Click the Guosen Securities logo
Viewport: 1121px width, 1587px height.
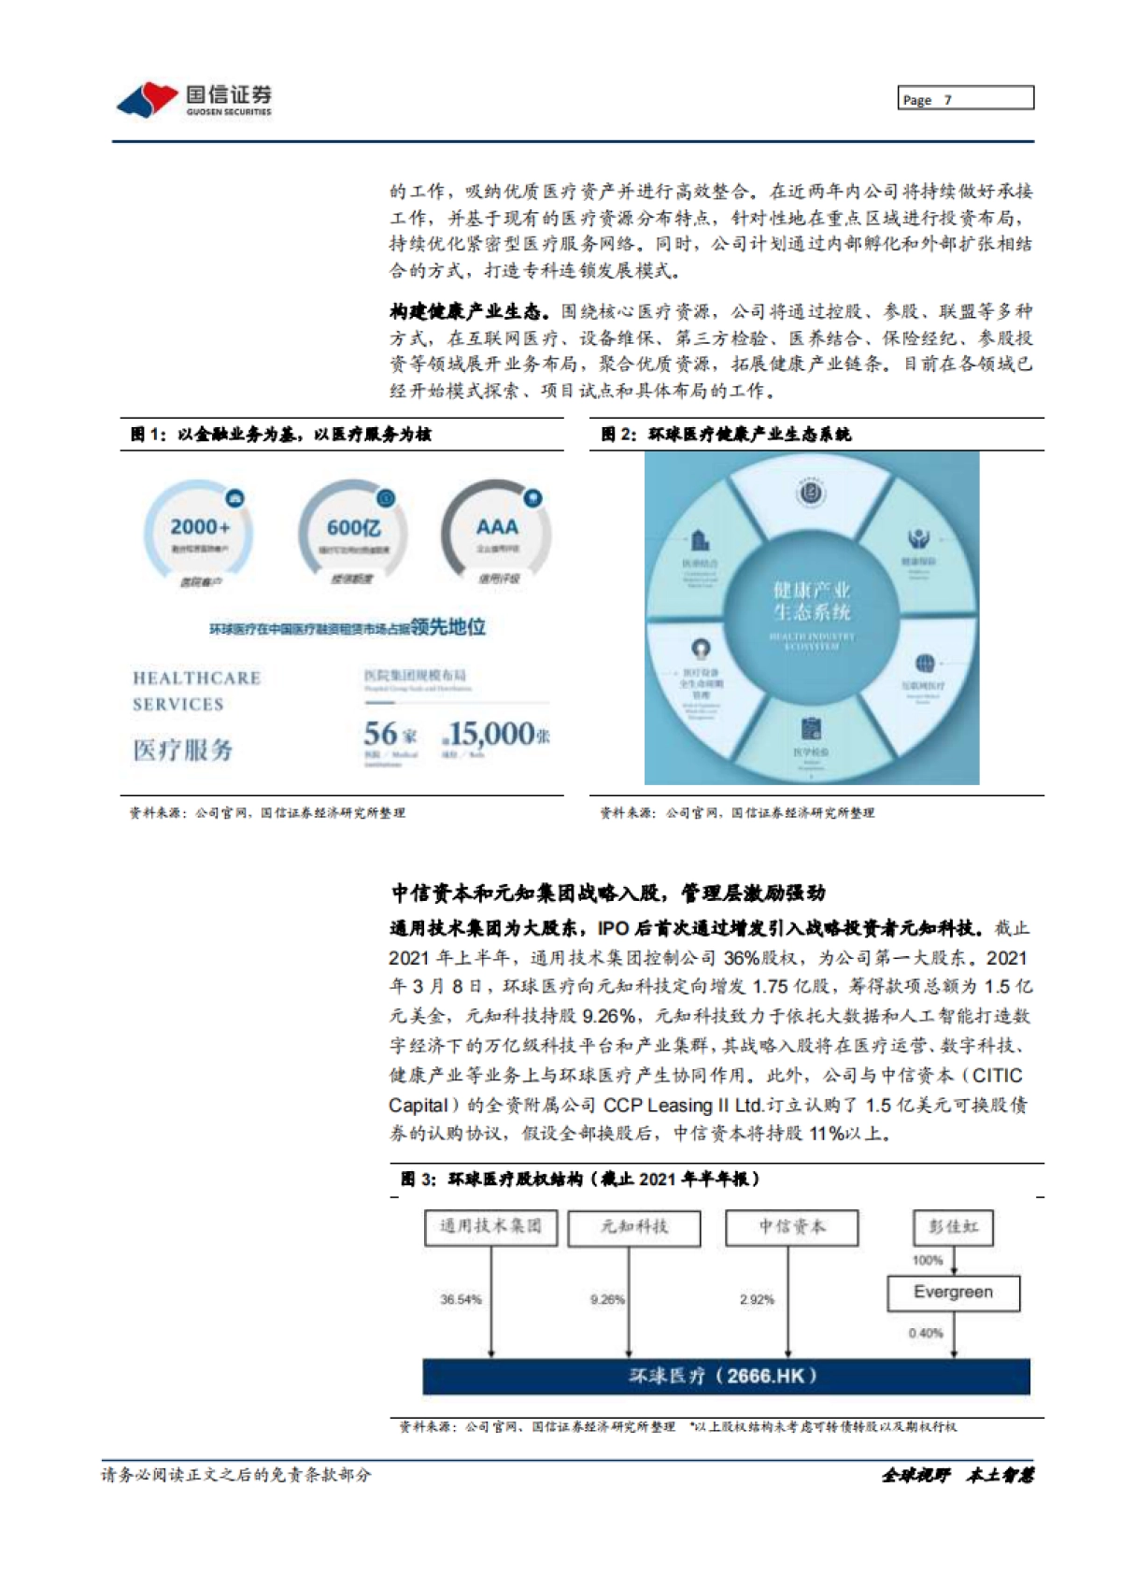(x=194, y=99)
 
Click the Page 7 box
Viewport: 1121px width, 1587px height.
(x=966, y=98)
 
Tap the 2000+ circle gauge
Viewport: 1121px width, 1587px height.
(x=199, y=532)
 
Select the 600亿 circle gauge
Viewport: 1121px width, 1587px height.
(x=353, y=532)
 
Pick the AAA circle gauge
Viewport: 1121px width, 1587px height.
(x=497, y=530)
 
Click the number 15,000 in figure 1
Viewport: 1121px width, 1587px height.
(x=491, y=735)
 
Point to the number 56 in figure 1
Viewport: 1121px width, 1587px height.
(x=381, y=734)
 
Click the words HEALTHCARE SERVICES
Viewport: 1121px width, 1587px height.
(x=196, y=691)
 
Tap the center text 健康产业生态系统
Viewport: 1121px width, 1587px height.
(x=811, y=601)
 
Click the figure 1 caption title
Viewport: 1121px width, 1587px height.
(x=281, y=435)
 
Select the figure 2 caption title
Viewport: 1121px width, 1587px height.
(x=726, y=435)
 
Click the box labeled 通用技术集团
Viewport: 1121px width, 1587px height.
(x=490, y=1227)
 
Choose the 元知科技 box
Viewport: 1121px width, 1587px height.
(x=634, y=1227)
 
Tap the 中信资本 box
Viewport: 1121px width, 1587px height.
(x=791, y=1227)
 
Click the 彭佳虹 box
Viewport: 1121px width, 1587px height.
(x=953, y=1227)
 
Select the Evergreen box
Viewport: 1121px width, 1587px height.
(x=953, y=1293)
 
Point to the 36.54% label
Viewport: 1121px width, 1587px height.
(x=461, y=1299)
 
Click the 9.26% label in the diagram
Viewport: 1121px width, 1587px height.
(x=607, y=1299)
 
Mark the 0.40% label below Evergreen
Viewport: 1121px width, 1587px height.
(x=926, y=1333)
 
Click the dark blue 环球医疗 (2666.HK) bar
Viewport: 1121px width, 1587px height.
(x=726, y=1376)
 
